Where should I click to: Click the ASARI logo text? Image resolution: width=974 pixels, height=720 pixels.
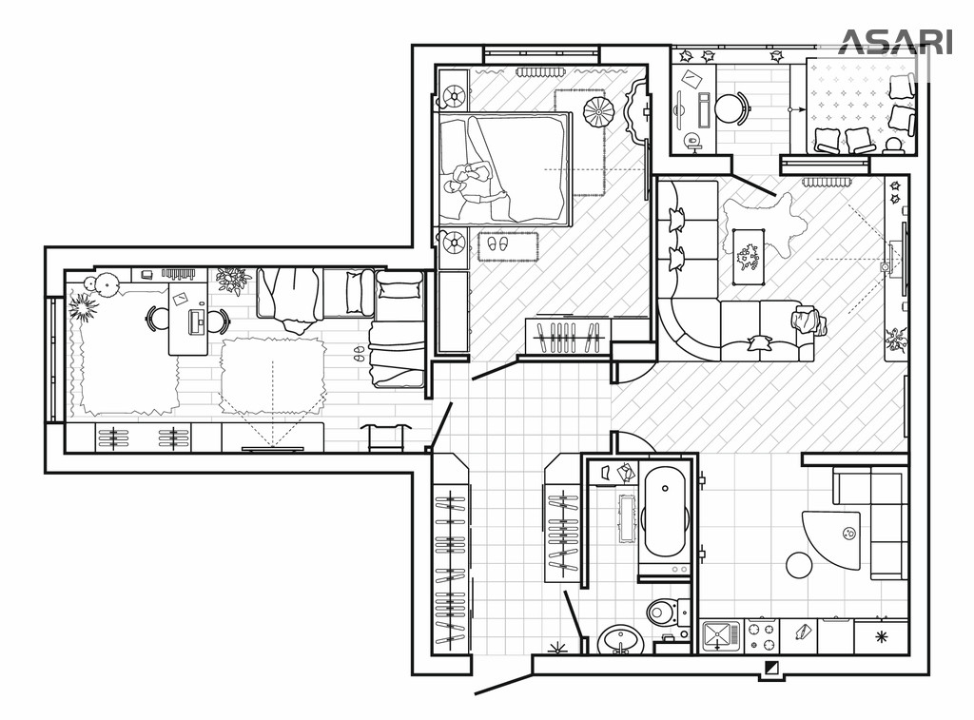pos(896,42)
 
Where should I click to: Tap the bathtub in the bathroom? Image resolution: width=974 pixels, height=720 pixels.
pos(665,515)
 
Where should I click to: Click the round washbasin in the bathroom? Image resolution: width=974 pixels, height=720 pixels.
pos(620,639)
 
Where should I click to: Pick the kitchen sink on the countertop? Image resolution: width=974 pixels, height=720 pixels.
pos(721,635)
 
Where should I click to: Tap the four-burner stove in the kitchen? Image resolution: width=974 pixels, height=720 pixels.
pos(762,635)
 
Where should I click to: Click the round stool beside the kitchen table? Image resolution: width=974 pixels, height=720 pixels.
pos(799,565)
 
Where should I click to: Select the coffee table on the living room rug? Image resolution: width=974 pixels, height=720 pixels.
pos(750,257)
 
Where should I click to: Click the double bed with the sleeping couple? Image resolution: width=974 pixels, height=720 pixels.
pos(504,167)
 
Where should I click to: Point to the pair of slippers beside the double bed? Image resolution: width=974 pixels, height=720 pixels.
pos(497,243)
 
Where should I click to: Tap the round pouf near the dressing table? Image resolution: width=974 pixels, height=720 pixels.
pos(597,110)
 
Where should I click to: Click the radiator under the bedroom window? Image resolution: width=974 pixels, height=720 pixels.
pos(538,71)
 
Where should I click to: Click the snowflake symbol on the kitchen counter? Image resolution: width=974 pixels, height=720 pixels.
pos(881,636)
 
